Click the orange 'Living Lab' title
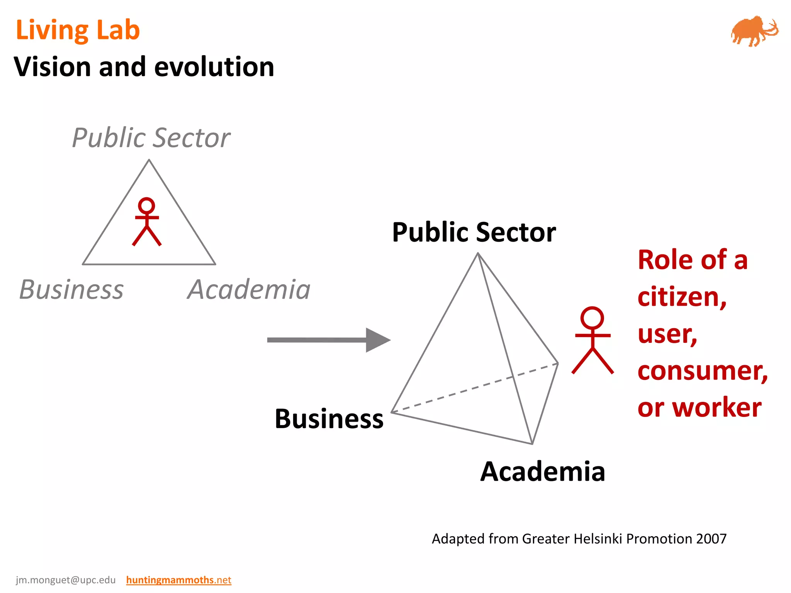coord(78,30)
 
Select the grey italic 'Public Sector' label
coord(151,138)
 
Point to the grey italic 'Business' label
coord(71,290)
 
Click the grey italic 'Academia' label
coord(249,290)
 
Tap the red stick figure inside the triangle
coord(147,222)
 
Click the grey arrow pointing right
coord(328,340)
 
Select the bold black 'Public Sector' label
coord(474,232)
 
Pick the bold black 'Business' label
coord(329,419)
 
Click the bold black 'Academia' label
coord(543,471)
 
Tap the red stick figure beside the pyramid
coord(592,340)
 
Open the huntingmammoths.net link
coord(178,580)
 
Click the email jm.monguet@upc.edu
coord(66,580)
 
